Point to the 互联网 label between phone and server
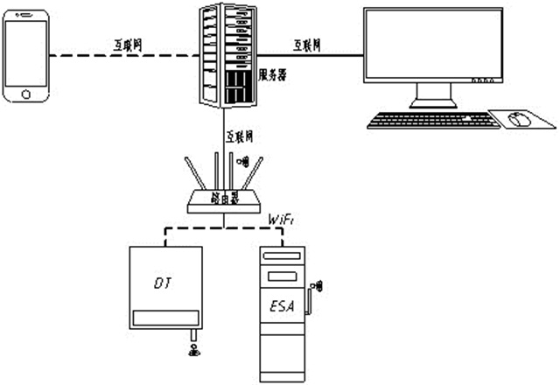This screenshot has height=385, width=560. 129,44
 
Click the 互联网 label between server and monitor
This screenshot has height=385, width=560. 309,44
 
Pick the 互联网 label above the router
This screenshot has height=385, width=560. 240,137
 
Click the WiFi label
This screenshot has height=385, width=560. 281,218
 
